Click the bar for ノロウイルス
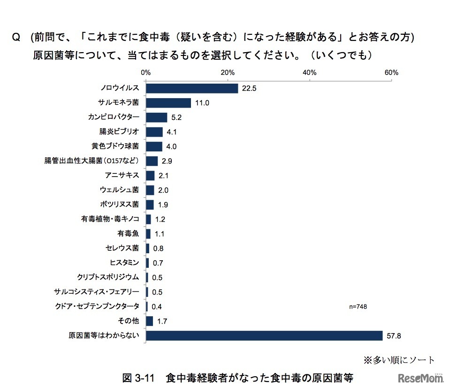(191, 88)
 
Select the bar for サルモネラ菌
(168, 103)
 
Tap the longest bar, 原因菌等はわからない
(264, 335)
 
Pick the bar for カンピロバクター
(156, 117)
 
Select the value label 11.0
(201, 103)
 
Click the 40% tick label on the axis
(309, 73)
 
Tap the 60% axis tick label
(391, 73)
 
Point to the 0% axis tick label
(145, 73)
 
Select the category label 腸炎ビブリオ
(119, 132)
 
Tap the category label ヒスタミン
(123, 263)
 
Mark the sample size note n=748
(358, 306)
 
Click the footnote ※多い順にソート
(399, 360)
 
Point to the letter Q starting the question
(15, 38)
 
